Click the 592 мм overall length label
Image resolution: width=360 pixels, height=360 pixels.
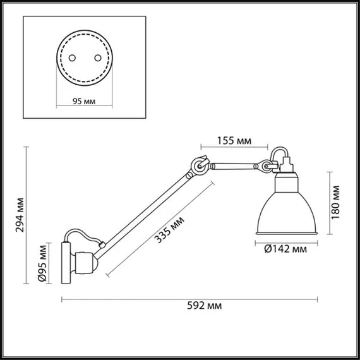206,306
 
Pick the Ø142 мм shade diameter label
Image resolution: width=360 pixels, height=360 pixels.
286,249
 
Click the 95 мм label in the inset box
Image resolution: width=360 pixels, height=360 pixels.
83,100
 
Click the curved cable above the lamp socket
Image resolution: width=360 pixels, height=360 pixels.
278,153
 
